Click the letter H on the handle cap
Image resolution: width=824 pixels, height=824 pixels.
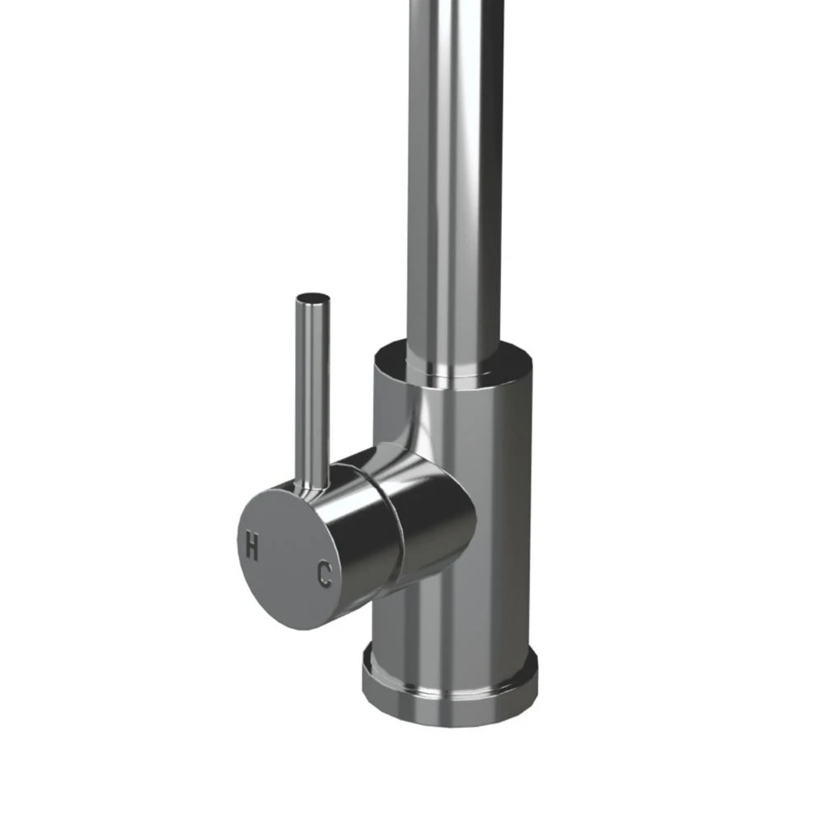251,545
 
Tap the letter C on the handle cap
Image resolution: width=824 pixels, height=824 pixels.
325,574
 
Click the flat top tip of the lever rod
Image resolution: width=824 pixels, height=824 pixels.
313,297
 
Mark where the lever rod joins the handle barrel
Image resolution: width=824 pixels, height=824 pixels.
314,486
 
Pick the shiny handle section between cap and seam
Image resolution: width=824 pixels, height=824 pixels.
354,527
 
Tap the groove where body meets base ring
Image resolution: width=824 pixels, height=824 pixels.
449,655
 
